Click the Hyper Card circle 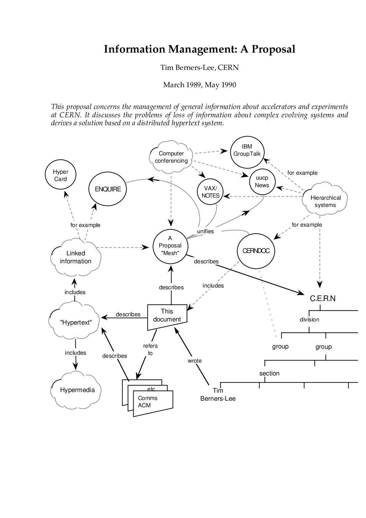coord(61,175)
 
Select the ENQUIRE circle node coord(108,189)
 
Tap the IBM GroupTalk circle coord(247,151)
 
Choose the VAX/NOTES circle coord(210,192)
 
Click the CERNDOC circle coord(256,251)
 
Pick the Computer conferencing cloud coord(171,157)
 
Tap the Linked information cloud coord(75,257)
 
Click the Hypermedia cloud coord(77,390)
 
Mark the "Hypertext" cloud coord(75,322)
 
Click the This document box coord(167,316)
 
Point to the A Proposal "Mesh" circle coord(170,245)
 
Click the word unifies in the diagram coord(205,231)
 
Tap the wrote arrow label coord(194,361)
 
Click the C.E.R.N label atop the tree coord(322,298)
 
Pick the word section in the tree coord(269,373)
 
